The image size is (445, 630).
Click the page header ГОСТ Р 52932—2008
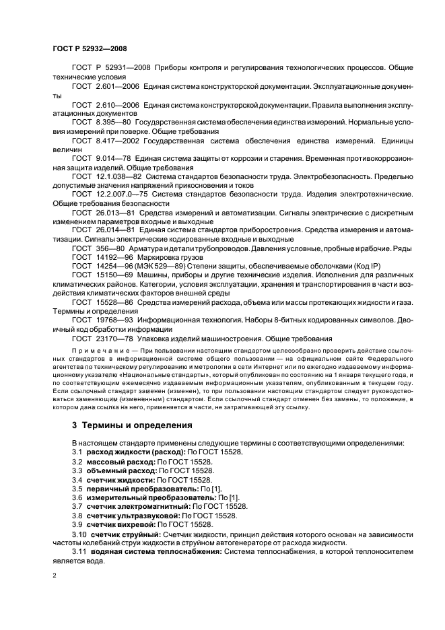coord(89,48)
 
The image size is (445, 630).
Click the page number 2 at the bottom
coord(55,575)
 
